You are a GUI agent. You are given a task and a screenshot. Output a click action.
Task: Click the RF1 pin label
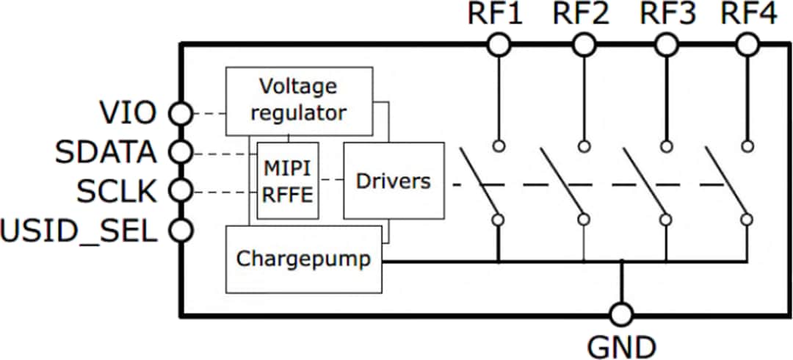click(497, 15)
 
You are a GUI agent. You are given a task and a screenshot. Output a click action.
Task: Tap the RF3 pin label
click(667, 15)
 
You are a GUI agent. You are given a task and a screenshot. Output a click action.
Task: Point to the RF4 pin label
click(748, 15)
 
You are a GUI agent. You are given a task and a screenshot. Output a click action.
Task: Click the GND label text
click(621, 345)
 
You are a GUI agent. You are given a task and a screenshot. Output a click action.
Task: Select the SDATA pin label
click(107, 153)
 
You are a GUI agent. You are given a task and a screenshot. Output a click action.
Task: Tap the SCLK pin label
click(117, 192)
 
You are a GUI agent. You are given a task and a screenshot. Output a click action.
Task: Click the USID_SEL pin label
click(79, 231)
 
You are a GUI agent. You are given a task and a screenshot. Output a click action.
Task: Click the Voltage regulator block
click(298, 101)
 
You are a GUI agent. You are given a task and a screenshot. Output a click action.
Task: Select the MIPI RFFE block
click(287, 181)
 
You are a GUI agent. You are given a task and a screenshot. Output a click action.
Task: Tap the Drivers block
click(394, 181)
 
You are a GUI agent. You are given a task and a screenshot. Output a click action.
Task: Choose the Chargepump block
click(304, 259)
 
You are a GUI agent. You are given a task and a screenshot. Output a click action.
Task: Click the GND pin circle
click(621, 314)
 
